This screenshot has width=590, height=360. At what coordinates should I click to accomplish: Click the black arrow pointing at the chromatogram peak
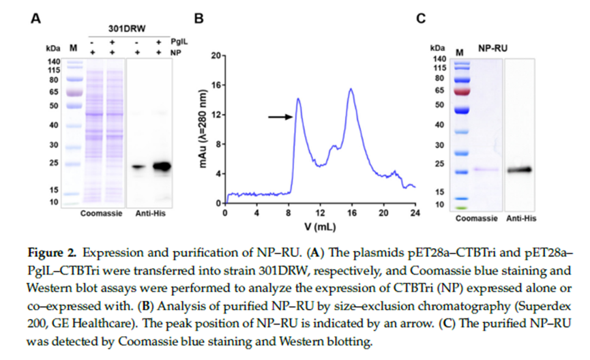[x=280, y=117]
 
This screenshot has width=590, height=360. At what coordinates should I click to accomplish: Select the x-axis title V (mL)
[x=319, y=225]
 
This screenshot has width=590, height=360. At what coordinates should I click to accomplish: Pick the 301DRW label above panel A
[x=125, y=29]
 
